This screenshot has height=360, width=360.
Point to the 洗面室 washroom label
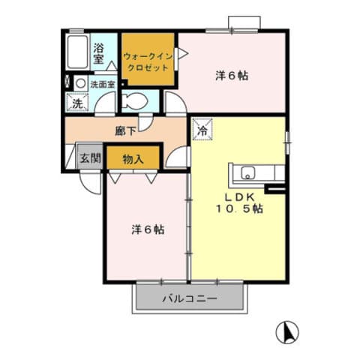(x=103, y=84)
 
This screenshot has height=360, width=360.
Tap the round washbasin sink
(x=80, y=83)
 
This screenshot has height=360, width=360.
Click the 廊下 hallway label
(x=125, y=130)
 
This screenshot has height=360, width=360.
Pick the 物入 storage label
(x=133, y=158)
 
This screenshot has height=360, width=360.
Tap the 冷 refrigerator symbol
(x=202, y=129)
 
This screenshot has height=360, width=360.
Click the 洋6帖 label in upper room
(x=232, y=76)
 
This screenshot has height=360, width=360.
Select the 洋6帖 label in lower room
(x=147, y=229)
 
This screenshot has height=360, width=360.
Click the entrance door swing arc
(x=91, y=181)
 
